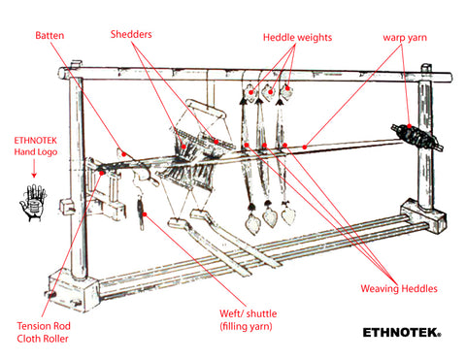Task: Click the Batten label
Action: coord(50,35)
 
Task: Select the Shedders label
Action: coord(131,34)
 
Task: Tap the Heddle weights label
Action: coord(297,38)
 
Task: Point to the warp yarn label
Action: coord(405,38)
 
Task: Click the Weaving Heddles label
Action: coord(399,288)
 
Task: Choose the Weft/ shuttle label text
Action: coord(249,313)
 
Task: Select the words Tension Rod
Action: coord(44,326)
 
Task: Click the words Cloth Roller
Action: coord(43,339)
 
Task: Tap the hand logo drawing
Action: coord(33,203)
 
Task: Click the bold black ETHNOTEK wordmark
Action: coord(402,333)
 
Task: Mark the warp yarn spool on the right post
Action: coord(416,137)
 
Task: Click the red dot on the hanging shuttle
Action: coord(145,214)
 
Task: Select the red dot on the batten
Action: coord(123,154)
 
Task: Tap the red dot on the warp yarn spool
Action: coord(410,126)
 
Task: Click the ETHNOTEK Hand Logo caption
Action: coord(36,147)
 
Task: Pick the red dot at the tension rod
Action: coord(102,173)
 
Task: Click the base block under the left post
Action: coord(74,292)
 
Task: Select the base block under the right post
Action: coord(423,215)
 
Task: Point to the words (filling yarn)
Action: coord(246,326)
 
